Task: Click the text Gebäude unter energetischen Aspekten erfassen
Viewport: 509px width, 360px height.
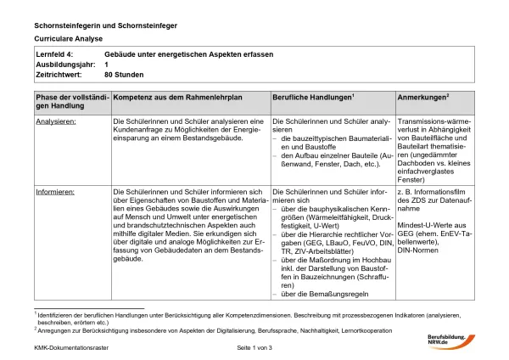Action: coord(188,54)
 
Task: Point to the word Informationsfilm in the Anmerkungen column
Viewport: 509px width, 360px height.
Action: coord(450,193)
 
